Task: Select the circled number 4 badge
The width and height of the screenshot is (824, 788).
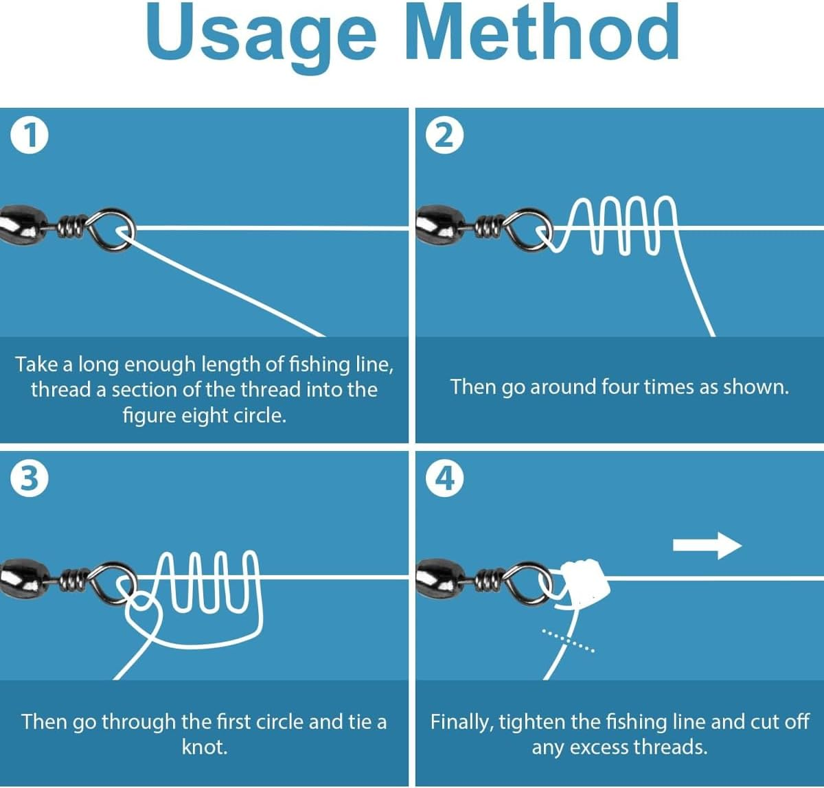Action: (444, 478)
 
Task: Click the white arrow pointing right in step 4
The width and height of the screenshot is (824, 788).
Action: (707, 546)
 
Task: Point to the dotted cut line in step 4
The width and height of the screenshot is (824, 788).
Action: (568, 640)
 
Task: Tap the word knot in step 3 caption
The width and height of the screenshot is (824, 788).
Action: (205, 747)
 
